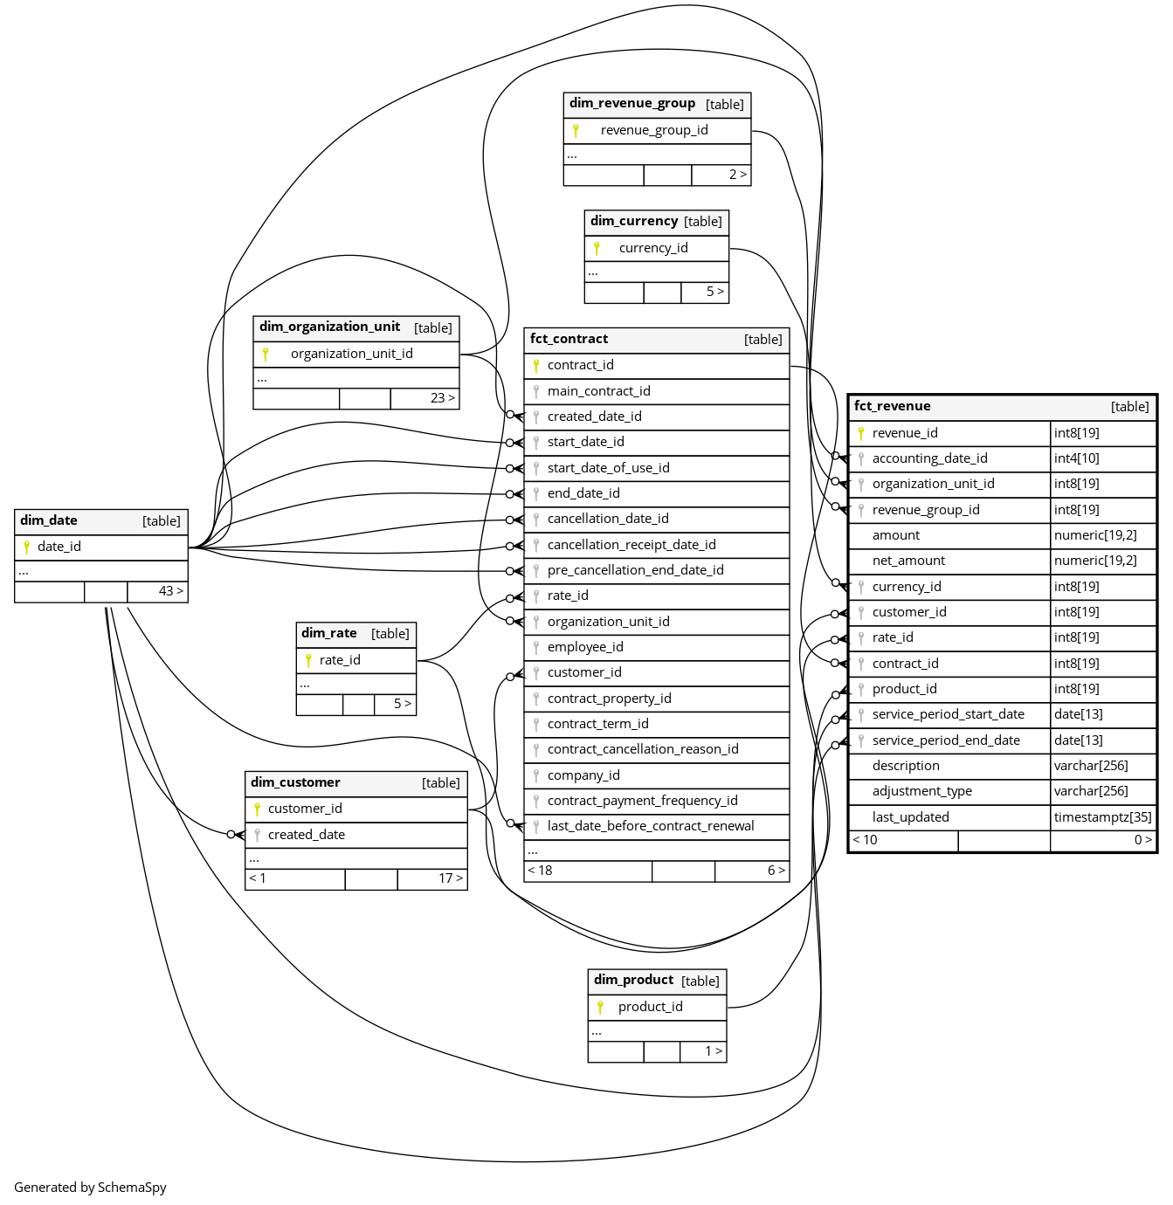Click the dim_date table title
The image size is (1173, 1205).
49,520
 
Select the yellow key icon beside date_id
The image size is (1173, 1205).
27,547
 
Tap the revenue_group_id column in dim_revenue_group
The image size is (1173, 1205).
654,130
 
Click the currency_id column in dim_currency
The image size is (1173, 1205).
653,248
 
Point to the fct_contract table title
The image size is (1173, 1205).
569,339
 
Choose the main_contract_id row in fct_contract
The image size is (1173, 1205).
598,391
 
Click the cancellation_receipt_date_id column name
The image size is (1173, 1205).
631,545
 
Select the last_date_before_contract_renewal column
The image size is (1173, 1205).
651,826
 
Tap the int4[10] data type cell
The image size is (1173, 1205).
1076,458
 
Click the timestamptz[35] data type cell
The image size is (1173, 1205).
1102,817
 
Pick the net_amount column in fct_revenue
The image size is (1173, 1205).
908,561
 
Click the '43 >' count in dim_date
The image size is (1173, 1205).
170,591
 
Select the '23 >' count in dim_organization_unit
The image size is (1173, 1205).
442,398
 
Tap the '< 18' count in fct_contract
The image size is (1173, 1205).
540,871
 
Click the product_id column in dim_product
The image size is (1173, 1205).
650,1007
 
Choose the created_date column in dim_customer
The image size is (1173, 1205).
306,835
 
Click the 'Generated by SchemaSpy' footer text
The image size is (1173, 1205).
90,1188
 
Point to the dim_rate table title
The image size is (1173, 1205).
328,633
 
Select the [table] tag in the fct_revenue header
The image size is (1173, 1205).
1129,407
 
